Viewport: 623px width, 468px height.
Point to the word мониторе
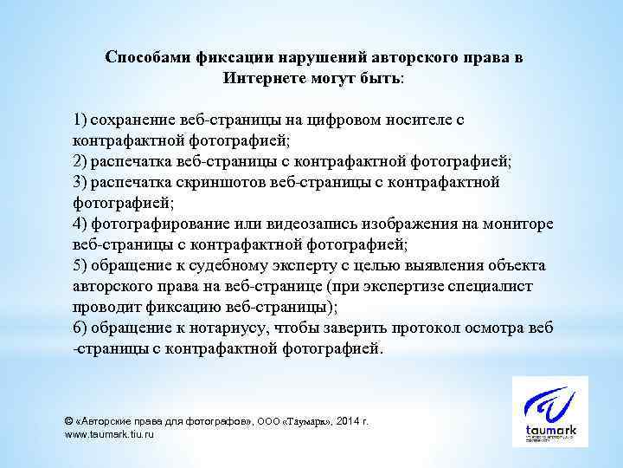tap(518, 224)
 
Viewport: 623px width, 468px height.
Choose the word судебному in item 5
tap(238, 265)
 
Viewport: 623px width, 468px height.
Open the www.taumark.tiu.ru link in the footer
tap(110, 434)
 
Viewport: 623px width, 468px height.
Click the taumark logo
tap(549, 411)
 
